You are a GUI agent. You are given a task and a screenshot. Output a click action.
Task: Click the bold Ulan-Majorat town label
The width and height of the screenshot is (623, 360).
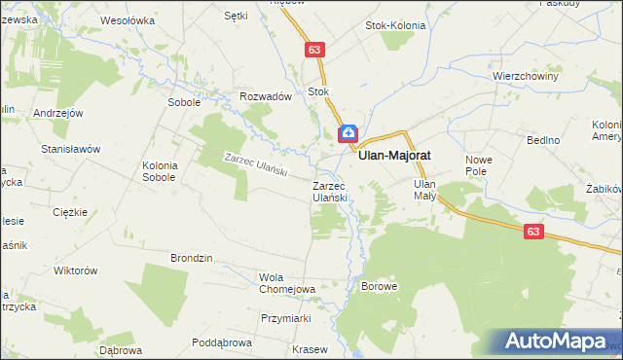pos(395,154)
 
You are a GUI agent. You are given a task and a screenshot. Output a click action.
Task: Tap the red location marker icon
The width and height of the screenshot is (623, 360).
pos(348,133)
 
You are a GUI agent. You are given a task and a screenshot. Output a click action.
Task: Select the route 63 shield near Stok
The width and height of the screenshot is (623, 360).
pos(313,50)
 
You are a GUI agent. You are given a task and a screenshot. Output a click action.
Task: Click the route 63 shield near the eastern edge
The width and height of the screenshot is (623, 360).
pos(532,232)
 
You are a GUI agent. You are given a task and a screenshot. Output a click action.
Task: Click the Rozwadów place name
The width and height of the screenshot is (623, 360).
pos(266,96)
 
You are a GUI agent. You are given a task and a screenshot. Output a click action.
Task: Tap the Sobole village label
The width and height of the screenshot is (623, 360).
pos(184,101)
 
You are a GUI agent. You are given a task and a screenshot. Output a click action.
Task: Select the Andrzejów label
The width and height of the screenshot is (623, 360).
pos(55,113)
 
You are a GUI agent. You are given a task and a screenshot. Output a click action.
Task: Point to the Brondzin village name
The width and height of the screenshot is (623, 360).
pos(192,258)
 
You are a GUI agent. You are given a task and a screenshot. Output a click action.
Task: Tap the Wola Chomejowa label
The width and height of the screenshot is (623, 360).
pos(287,282)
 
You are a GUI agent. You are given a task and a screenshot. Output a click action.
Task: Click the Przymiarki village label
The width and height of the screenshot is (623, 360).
pos(285,318)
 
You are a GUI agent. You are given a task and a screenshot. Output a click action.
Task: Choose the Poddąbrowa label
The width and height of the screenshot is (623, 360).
pos(222,342)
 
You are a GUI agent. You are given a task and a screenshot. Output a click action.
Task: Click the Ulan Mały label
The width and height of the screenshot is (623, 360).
pos(424,189)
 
